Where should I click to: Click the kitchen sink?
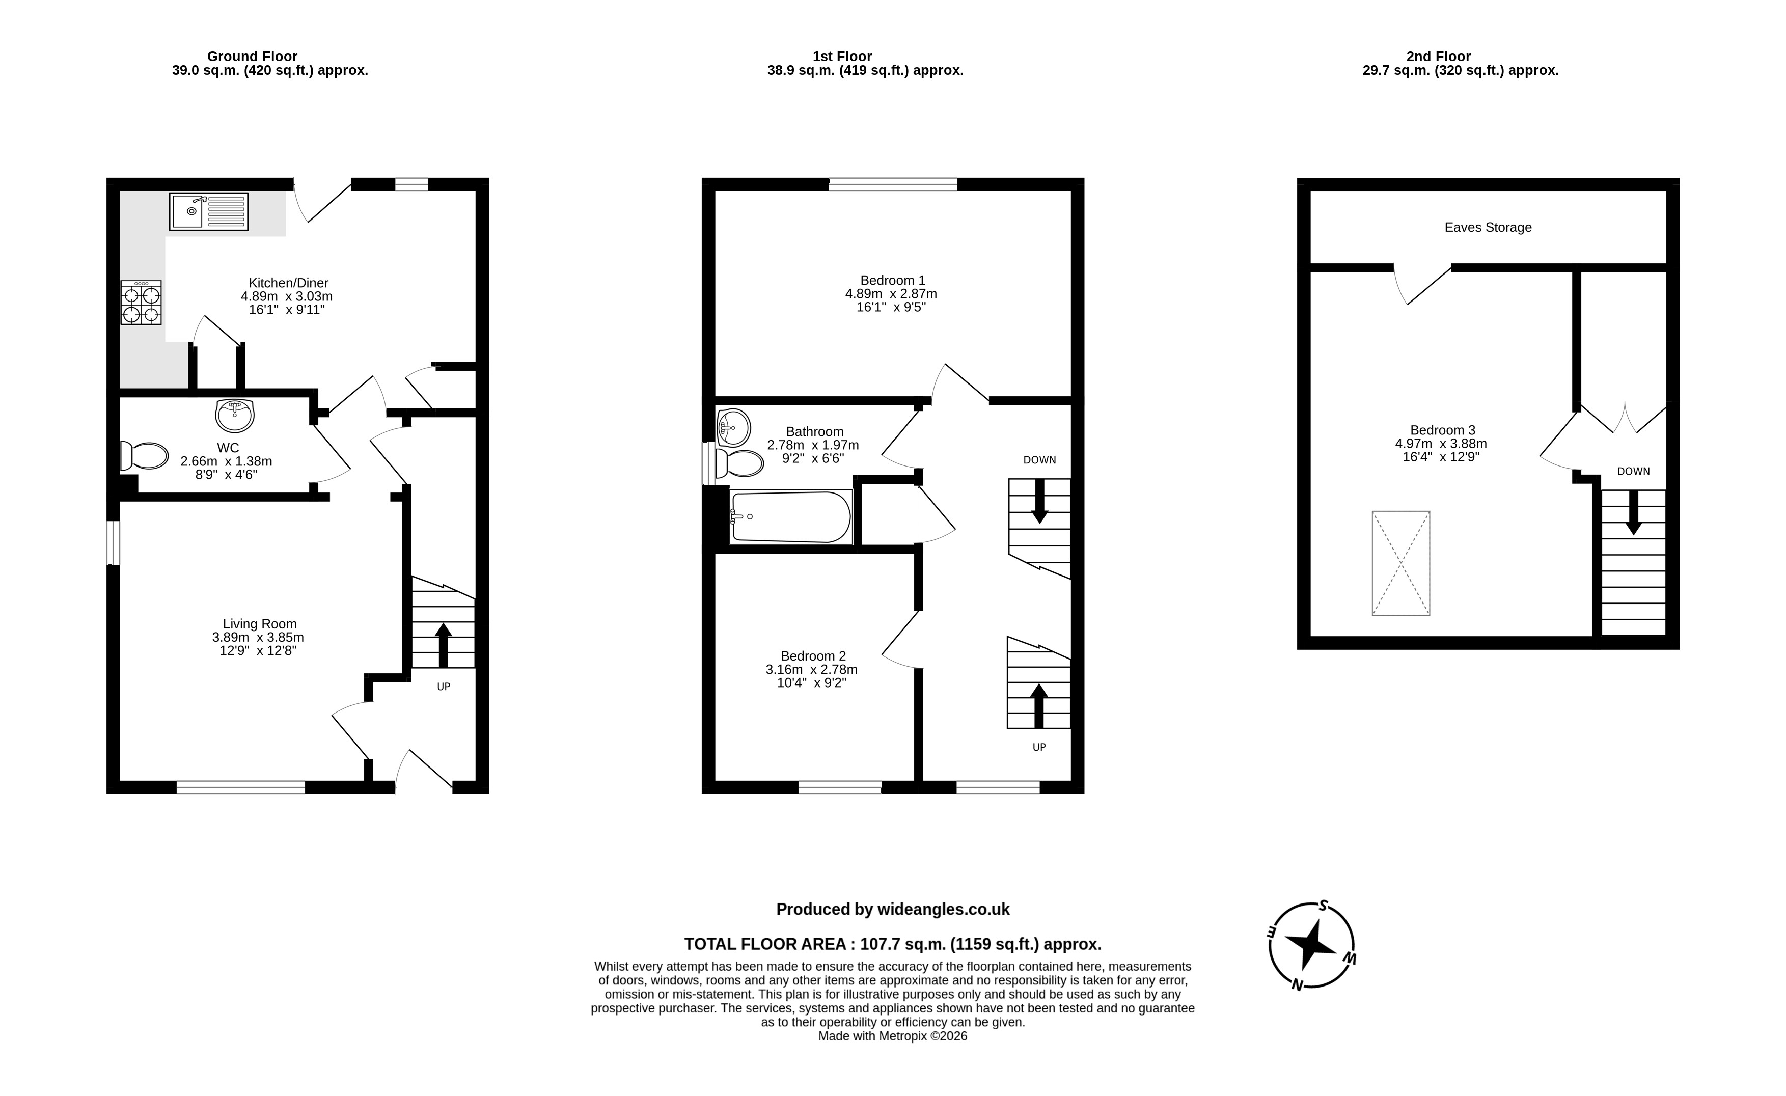pos(209,211)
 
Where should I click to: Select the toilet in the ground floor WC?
pos(144,456)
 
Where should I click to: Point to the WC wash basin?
pos(235,416)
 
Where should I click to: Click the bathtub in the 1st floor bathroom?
pos(791,517)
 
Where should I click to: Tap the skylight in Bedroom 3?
pos(1400,563)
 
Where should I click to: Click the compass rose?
pos(1311,945)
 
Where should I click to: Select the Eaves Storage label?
pos(1488,228)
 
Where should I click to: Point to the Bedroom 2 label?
pos(813,656)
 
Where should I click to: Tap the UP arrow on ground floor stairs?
pos(443,645)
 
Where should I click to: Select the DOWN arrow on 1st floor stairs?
pos(1039,501)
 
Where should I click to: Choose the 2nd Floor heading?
pos(1438,57)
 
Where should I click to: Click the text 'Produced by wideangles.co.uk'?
pos(893,910)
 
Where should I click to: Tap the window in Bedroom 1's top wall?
pos(893,184)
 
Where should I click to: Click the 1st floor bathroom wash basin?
pos(733,427)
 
